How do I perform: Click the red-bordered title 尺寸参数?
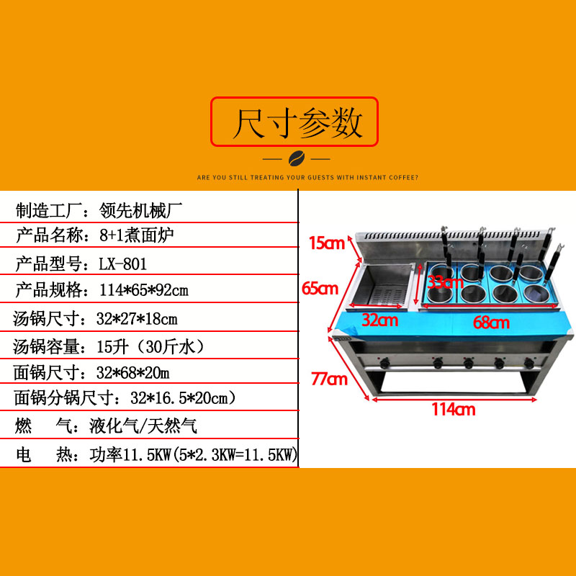click(x=294, y=122)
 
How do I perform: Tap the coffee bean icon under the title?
click(x=295, y=158)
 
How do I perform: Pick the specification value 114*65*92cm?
click(x=137, y=291)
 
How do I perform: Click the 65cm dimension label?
click(x=320, y=289)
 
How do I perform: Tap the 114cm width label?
click(x=453, y=410)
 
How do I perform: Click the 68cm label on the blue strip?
click(x=491, y=323)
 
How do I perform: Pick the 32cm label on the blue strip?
click(x=379, y=320)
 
